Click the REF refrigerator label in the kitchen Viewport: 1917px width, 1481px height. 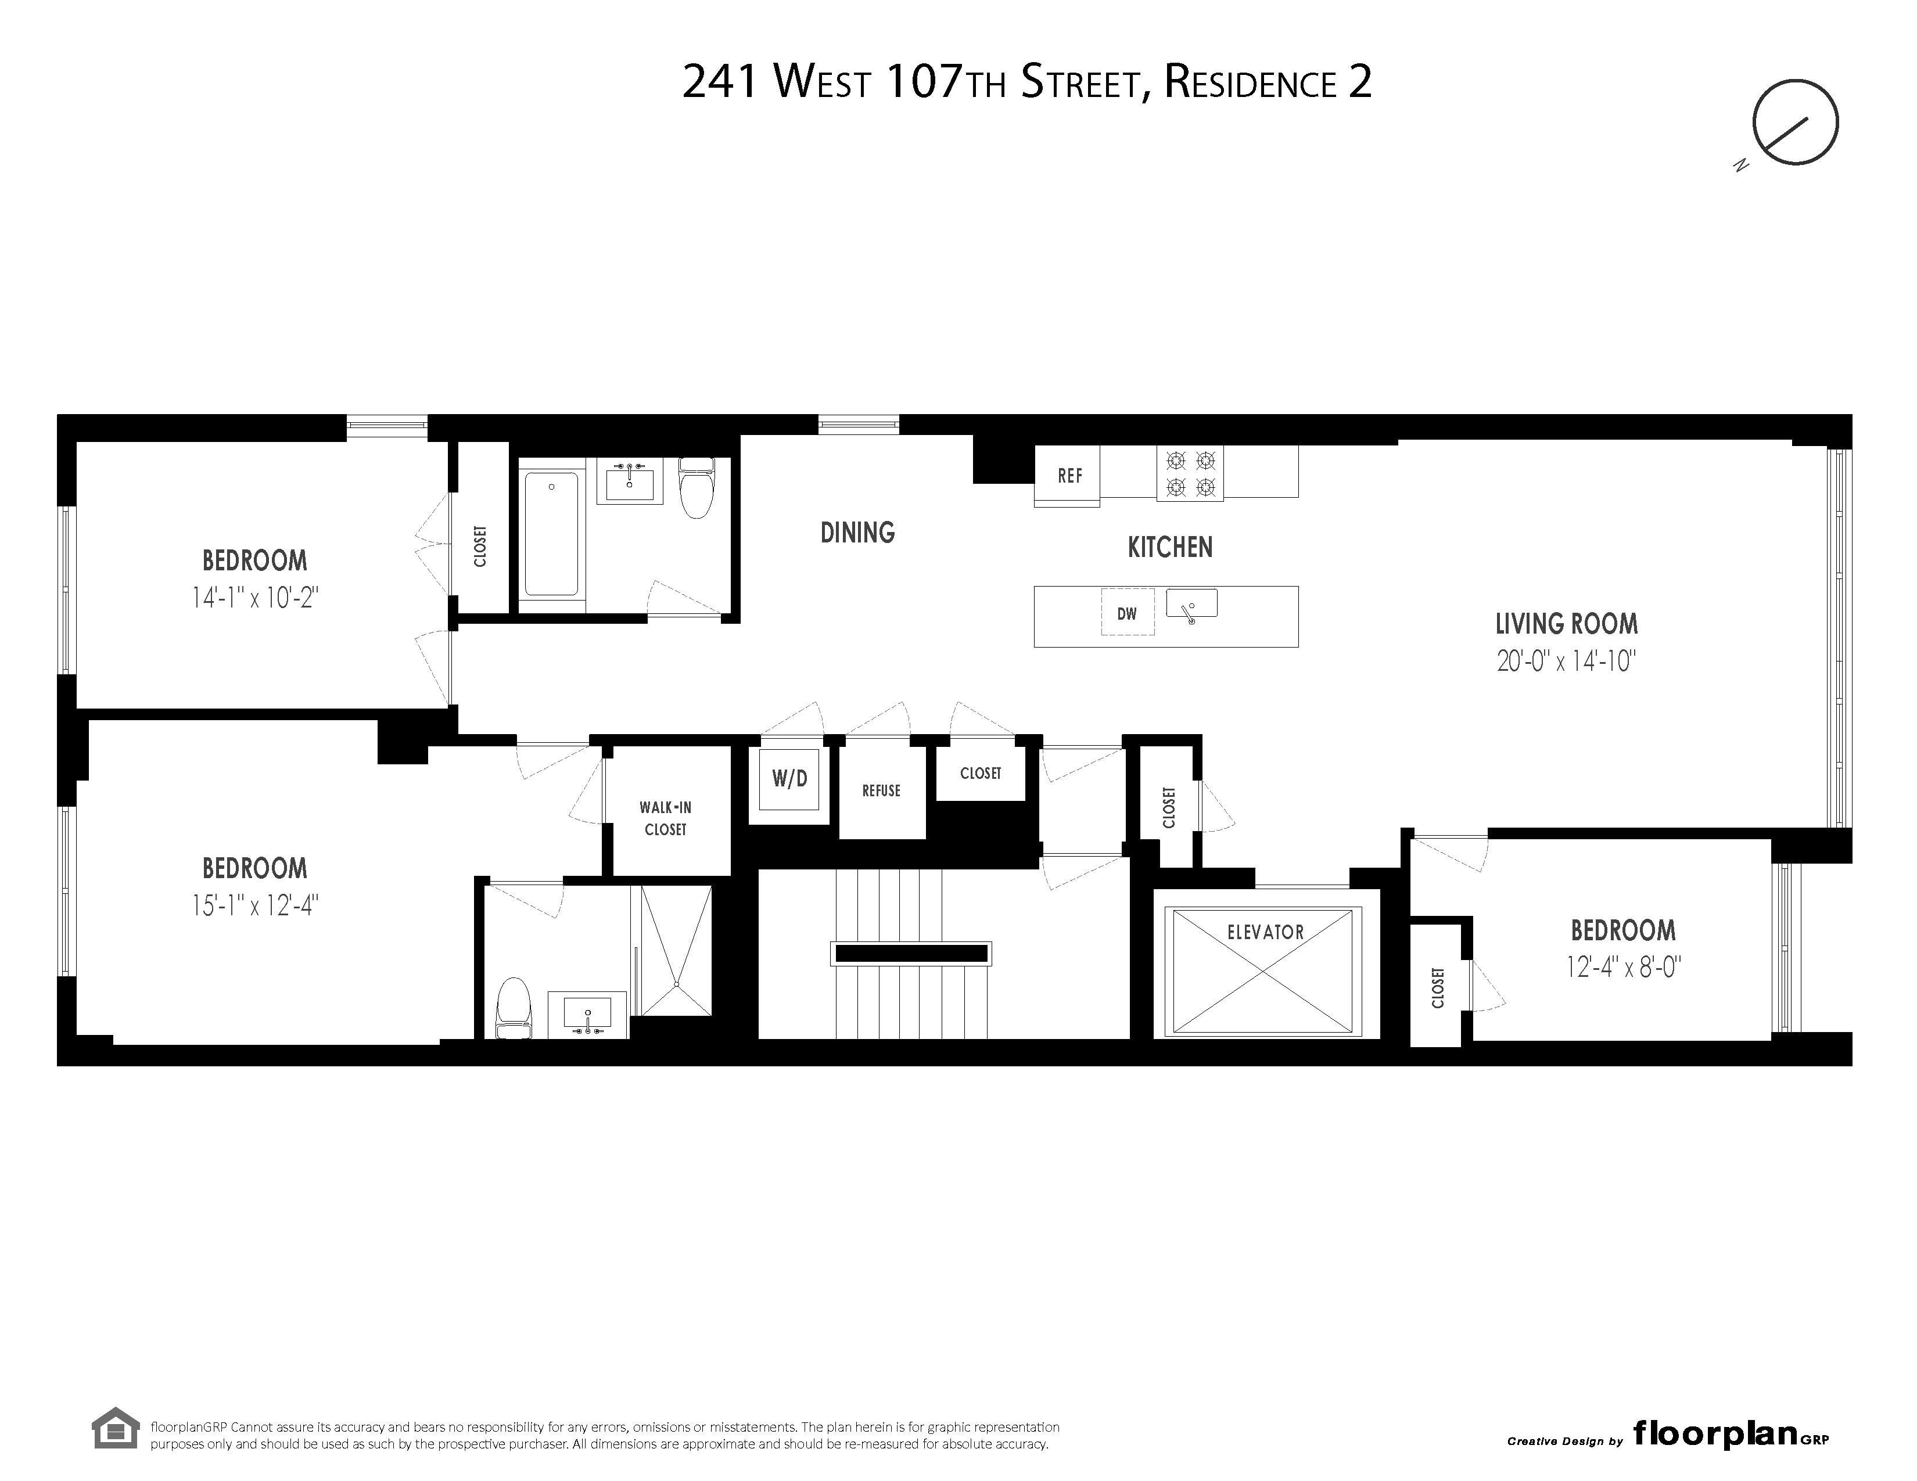(1069, 476)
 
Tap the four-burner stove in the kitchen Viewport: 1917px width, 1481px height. (1189, 474)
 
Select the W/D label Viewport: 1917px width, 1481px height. (789, 778)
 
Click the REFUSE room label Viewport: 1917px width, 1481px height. (881, 790)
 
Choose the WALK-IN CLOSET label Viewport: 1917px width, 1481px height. (665, 818)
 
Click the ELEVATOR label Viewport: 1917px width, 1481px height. (1265, 932)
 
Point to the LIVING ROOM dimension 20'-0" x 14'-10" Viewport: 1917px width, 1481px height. (1566, 661)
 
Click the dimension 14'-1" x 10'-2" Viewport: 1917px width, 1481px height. (254, 598)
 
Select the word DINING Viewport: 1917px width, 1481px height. (857, 533)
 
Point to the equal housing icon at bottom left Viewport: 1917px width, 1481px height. (116, 1428)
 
